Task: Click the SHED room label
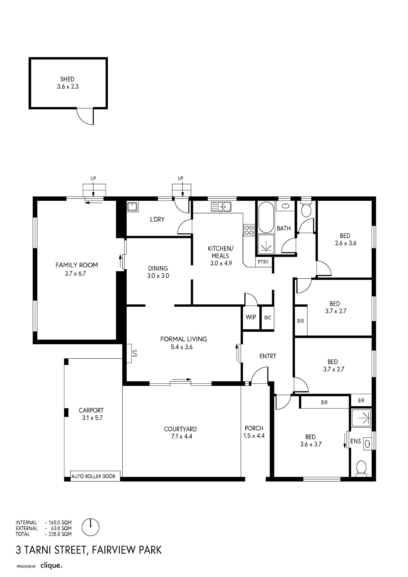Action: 67,79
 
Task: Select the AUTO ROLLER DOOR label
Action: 93,476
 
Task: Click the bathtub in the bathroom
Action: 266,217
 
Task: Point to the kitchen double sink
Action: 221,207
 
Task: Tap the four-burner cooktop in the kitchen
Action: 249,230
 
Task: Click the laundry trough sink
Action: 132,207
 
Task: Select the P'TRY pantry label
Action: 263,262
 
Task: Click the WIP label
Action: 251,317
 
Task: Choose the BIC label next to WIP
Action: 268,318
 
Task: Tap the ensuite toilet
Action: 361,468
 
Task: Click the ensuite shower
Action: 361,417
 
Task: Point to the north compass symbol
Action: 91,527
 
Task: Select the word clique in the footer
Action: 51,565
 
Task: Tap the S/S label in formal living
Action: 134,353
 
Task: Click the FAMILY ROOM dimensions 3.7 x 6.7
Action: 75,273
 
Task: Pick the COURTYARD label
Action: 180,429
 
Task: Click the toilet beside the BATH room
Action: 306,209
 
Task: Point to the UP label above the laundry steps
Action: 181,178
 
